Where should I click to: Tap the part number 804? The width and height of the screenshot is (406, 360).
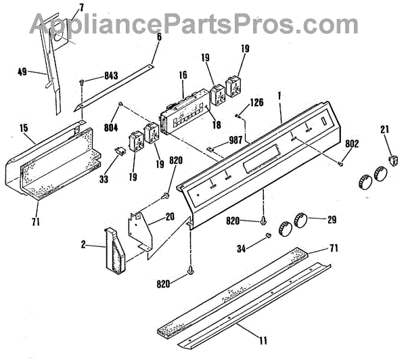click(111, 127)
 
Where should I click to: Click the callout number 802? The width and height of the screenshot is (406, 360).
click(353, 144)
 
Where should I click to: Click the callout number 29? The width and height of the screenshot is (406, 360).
click(332, 220)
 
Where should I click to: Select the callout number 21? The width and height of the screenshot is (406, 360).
click(384, 130)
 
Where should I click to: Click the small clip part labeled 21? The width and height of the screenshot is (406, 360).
click(392, 160)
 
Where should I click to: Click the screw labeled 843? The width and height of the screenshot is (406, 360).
click(82, 82)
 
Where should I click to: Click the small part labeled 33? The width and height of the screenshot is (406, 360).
click(121, 150)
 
